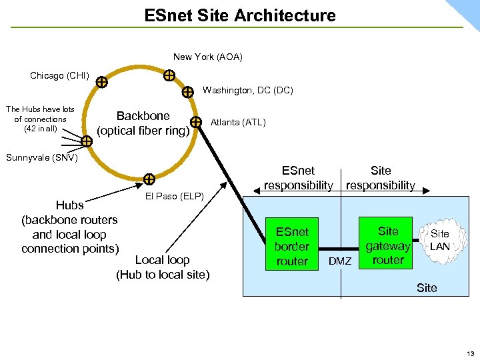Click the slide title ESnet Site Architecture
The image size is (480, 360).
(x=240, y=15)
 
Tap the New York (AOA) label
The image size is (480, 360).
(x=207, y=57)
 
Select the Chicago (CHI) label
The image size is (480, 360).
(x=59, y=75)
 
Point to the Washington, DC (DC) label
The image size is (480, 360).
(x=247, y=90)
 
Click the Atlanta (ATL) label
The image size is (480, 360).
(x=237, y=122)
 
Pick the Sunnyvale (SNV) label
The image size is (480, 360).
(x=41, y=157)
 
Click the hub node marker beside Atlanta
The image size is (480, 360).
(x=196, y=122)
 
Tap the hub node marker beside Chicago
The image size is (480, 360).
(x=101, y=83)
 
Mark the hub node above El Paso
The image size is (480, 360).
(x=149, y=179)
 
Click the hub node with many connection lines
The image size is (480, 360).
(x=87, y=141)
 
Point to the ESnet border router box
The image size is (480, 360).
(x=292, y=247)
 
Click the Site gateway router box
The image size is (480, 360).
(x=387, y=245)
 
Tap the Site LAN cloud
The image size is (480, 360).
(x=439, y=240)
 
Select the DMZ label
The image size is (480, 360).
(x=340, y=261)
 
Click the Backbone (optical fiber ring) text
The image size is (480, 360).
(x=143, y=123)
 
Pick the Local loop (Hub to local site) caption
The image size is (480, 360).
(x=163, y=267)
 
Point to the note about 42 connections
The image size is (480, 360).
(x=40, y=119)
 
